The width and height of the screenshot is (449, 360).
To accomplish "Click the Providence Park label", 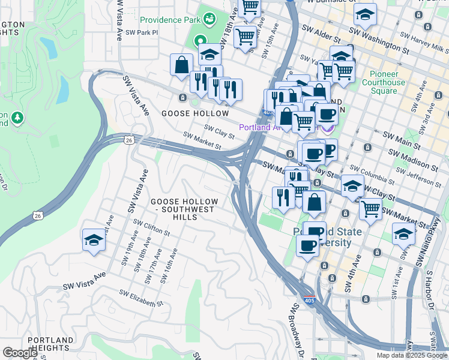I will [x=169, y=20].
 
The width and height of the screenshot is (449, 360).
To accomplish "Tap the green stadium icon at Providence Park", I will [x=209, y=19].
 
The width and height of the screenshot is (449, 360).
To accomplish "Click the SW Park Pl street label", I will [x=139, y=33].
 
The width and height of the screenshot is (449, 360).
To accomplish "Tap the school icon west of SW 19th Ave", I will [x=94, y=240].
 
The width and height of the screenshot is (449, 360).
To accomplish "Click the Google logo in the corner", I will [x=20, y=353].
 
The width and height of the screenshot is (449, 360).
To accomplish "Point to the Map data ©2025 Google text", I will [x=412, y=355].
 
